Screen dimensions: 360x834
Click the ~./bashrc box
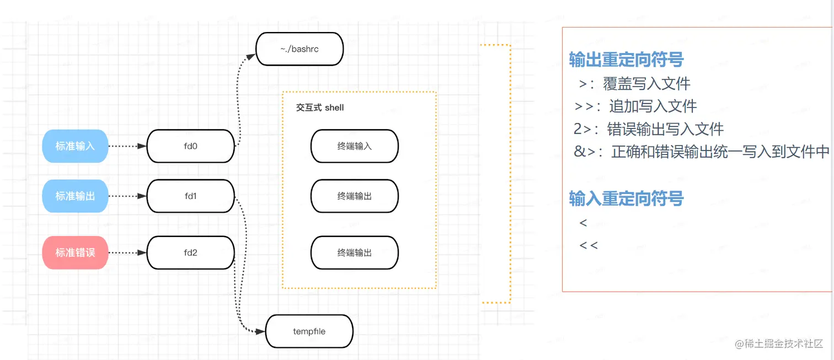[300, 49]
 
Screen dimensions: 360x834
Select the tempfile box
[309, 331]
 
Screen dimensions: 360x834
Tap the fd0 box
[191, 146]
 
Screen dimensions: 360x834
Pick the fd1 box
[191, 196]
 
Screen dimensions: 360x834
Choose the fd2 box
[191, 252]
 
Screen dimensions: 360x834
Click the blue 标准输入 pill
[75, 146]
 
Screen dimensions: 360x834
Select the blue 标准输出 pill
[75, 196]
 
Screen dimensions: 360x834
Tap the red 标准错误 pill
[75, 252]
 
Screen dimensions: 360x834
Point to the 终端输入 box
[354, 146]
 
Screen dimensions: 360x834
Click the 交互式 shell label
[320, 108]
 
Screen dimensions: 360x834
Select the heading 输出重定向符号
[626, 60]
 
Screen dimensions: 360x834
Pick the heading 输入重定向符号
[626, 198]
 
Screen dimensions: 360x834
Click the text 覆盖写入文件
[646, 84]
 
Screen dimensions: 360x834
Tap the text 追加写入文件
[653, 106]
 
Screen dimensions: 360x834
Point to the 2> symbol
[586, 129]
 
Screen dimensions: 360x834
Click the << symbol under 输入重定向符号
[589, 245]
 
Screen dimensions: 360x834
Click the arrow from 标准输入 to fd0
[127, 146]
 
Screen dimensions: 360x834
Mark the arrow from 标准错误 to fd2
[127, 252]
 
